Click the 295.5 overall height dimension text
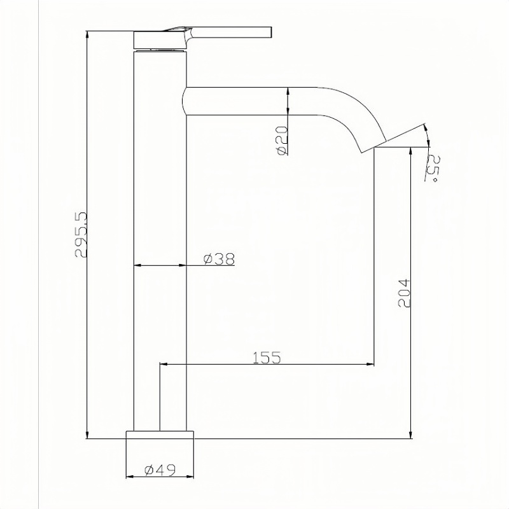pyautogui.click(x=81, y=235)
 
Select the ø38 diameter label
pyautogui.click(x=219, y=259)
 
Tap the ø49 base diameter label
pyautogui.click(x=160, y=470)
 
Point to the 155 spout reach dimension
pyautogui.click(x=267, y=358)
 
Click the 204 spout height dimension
pyautogui.click(x=405, y=293)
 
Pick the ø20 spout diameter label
pyautogui.click(x=282, y=140)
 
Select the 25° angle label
pyautogui.click(x=435, y=169)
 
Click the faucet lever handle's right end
pyautogui.click(x=271, y=32)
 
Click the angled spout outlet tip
pyautogui.click(x=374, y=147)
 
